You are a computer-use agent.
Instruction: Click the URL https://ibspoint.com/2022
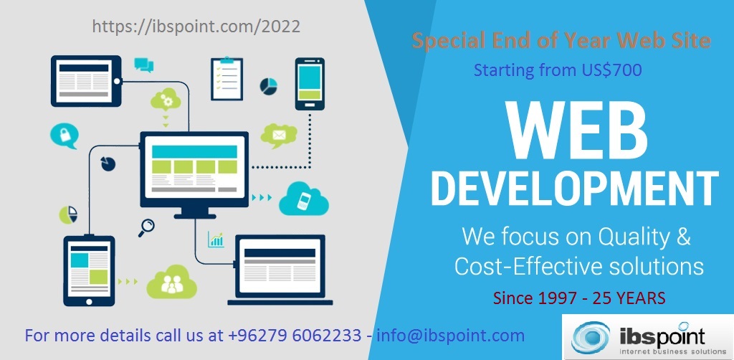coord(196,26)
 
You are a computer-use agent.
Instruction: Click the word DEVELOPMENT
coord(574,188)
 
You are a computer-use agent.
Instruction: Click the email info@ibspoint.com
coord(450,335)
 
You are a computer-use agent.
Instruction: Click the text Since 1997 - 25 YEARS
coord(579,297)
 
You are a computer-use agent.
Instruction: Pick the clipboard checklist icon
coord(227,78)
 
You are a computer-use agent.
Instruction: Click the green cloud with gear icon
coord(166,100)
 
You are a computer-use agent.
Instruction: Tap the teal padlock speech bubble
coord(64,135)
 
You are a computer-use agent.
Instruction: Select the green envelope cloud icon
coord(278,134)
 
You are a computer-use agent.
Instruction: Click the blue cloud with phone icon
coord(303,199)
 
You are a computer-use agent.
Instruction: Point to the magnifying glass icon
coord(148,227)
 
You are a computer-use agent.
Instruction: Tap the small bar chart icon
coord(216,239)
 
